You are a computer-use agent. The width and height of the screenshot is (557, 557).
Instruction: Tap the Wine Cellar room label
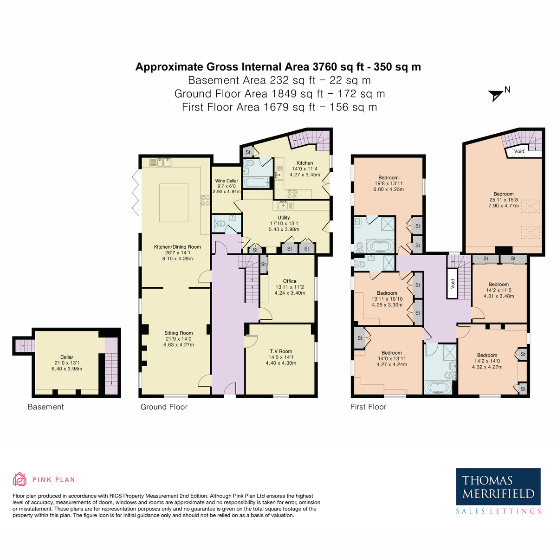pyautogui.click(x=227, y=181)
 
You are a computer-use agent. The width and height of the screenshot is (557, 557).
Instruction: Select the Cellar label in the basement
pyautogui.click(x=67, y=357)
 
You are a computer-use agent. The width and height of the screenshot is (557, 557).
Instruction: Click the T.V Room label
pyautogui.click(x=281, y=351)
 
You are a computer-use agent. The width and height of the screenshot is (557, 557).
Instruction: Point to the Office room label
pyautogui.click(x=290, y=281)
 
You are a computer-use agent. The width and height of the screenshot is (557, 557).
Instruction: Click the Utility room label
pyautogui.click(x=284, y=217)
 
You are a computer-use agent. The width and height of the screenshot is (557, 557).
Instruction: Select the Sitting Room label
pyautogui.click(x=178, y=333)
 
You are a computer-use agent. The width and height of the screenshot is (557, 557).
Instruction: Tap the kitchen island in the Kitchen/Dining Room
pyautogui.click(x=174, y=203)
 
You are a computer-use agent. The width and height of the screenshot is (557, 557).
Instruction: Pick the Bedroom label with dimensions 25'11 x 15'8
pyautogui.click(x=504, y=194)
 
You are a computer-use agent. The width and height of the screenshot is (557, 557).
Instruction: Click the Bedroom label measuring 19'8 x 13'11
pyautogui.click(x=388, y=178)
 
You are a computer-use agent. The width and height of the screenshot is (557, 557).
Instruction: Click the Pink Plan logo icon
pyautogui.click(x=19, y=479)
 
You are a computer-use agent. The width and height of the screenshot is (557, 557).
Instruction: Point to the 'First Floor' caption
pyautogui.click(x=368, y=407)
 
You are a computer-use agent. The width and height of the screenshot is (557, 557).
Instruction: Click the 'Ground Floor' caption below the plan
pyautogui.click(x=164, y=407)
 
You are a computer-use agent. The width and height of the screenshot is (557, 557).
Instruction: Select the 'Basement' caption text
pyautogui.click(x=45, y=407)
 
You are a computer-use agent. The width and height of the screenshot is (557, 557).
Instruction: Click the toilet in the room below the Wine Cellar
pyautogui.click(x=220, y=224)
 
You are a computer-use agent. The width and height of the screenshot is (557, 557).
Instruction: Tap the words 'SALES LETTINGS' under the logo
pyautogui.click(x=498, y=511)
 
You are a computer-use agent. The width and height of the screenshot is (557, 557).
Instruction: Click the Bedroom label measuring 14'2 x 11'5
pyautogui.click(x=499, y=285)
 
